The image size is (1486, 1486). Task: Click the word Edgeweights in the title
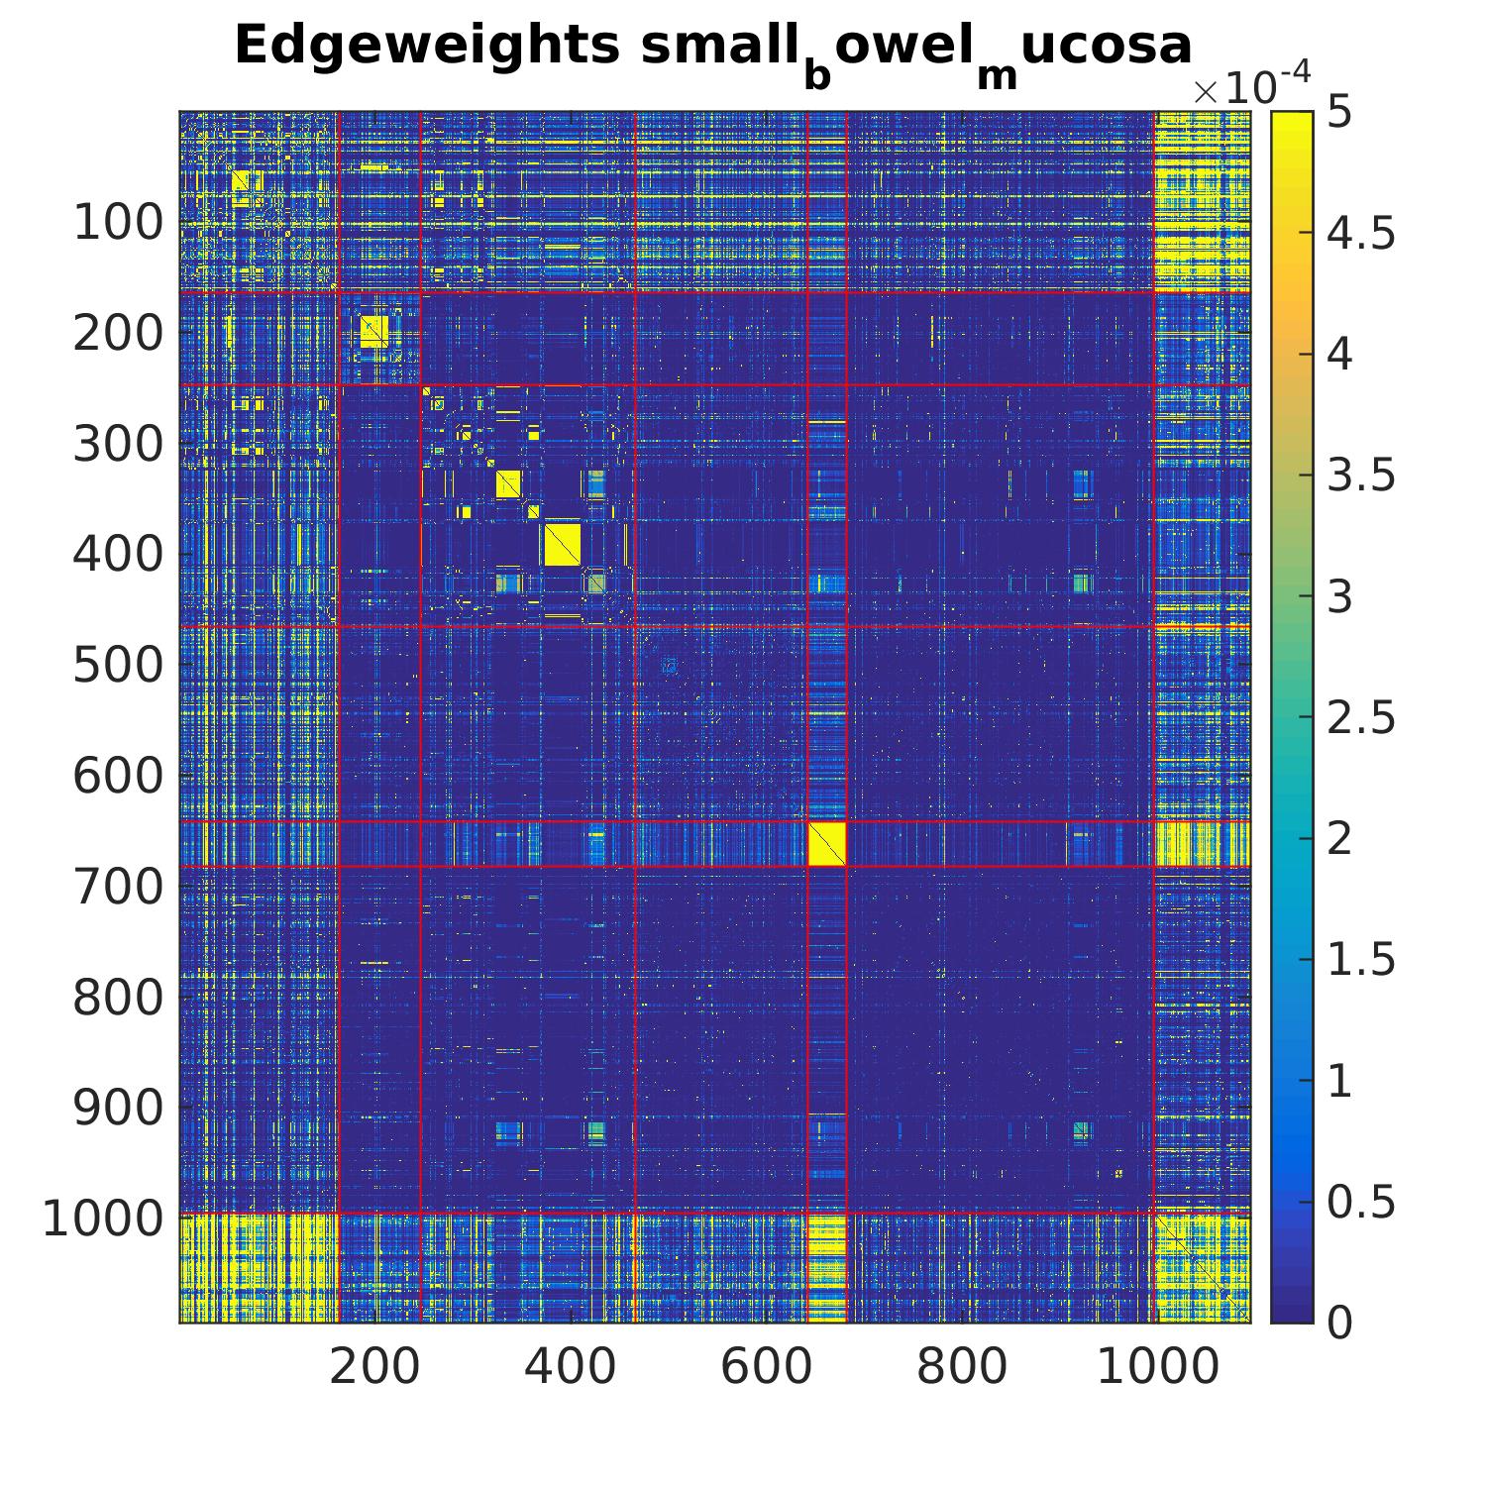[x=427, y=46]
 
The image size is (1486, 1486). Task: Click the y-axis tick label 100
[x=118, y=224]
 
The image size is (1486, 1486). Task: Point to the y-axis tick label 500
[x=118, y=666]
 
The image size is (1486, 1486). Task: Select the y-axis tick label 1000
[x=102, y=1220]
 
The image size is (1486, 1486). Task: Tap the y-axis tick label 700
[x=118, y=887]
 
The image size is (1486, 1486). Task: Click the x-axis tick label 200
[x=374, y=1368]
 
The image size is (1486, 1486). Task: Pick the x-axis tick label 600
[x=766, y=1368]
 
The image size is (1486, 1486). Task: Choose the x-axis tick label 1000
[x=1157, y=1368]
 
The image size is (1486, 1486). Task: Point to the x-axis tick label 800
[x=961, y=1368]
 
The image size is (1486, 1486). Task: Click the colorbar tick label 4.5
[x=1361, y=234]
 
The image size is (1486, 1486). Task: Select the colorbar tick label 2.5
[x=1361, y=717]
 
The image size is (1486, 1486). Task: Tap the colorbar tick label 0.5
[x=1361, y=1202]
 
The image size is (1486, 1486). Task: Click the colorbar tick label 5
[x=1339, y=113]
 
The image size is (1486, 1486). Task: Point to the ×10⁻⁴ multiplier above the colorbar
[x=1251, y=85]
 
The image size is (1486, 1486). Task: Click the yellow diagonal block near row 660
[x=826, y=844]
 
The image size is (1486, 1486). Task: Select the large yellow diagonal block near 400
[x=562, y=545]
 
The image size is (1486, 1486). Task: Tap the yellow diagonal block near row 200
[x=373, y=330]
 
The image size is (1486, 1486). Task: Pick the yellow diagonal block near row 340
[x=508, y=484]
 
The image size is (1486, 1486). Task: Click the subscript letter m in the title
[x=998, y=75]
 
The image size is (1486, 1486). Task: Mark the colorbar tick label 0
[x=1339, y=1323]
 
